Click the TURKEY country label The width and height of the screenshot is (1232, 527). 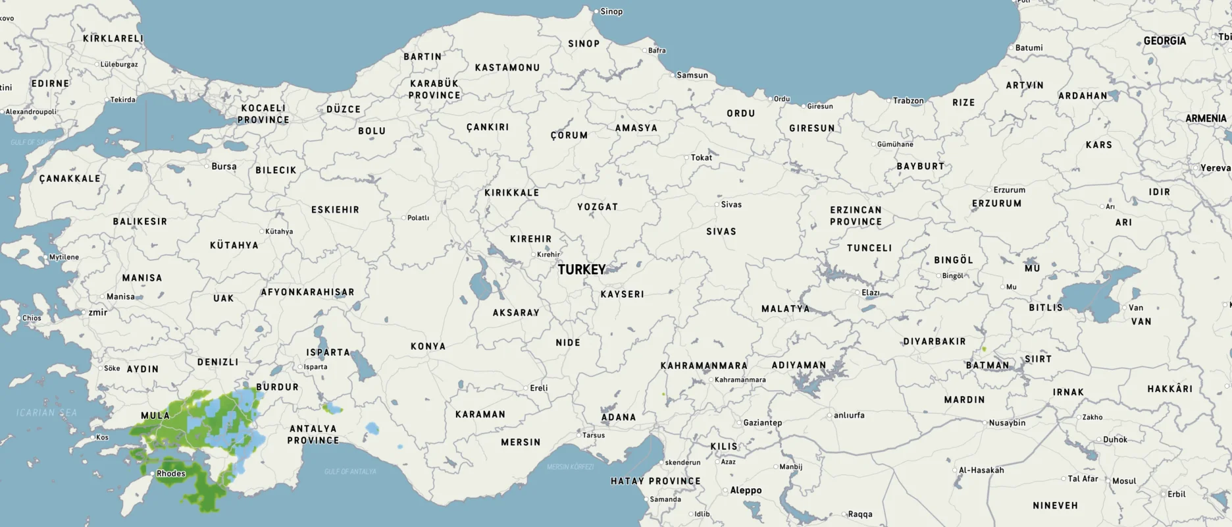click(x=582, y=270)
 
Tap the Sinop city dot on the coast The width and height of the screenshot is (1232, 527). click(x=596, y=12)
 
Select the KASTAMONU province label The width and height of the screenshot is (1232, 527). click(x=507, y=68)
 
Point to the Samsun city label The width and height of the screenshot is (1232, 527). click(x=692, y=75)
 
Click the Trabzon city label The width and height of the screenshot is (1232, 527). click(x=908, y=101)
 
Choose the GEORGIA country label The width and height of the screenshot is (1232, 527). click(x=1164, y=41)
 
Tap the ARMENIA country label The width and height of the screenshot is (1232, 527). click(x=1206, y=119)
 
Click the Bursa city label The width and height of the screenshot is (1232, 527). click(x=224, y=167)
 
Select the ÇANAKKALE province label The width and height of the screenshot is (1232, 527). click(x=70, y=179)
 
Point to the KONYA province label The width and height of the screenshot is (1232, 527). click(x=428, y=347)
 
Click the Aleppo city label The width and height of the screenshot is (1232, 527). click(x=746, y=491)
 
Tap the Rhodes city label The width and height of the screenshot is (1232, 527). click(x=171, y=474)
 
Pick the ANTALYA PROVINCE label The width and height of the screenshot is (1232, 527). click(x=313, y=434)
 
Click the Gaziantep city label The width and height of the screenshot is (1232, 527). click(x=762, y=423)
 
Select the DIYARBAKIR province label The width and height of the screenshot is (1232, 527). click(x=934, y=342)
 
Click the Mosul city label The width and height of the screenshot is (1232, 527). click(x=1124, y=481)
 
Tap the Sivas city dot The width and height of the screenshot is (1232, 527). click(x=717, y=205)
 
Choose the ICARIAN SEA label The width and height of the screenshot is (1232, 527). click(x=47, y=413)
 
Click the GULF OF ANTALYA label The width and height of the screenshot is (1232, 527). click(x=351, y=472)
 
